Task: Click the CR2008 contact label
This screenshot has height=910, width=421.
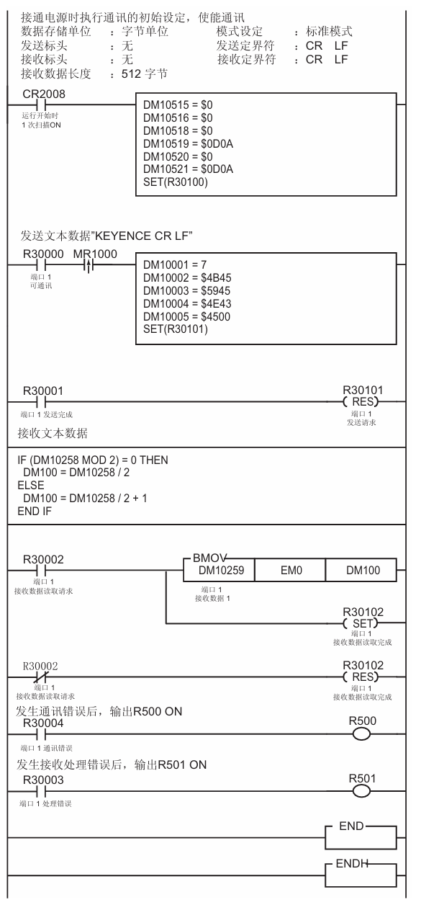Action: (x=44, y=94)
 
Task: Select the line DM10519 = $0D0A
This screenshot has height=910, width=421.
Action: (x=189, y=144)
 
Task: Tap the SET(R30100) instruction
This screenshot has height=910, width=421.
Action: (x=176, y=182)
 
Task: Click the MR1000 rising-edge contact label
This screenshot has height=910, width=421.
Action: (x=95, y=254)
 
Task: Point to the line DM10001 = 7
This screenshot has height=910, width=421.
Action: (x=175, y=265)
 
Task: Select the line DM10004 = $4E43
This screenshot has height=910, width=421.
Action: (x=187, y=303)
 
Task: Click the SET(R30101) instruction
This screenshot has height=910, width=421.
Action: (x=176, y=329)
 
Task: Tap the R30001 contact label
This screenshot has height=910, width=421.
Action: (x=43, y=391)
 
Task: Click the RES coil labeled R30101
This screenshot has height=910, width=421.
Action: (x=361, y=402)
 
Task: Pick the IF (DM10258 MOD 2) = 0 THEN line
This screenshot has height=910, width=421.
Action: (x=92, y=460)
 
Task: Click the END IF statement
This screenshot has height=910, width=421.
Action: (x=35, y=511)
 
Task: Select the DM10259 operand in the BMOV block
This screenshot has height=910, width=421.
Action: (x=221, y=571)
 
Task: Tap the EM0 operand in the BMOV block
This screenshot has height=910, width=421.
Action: (x=291, y=571)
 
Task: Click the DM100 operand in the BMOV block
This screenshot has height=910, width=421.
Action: (x=363, y=571)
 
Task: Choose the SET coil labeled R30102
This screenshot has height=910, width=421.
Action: (x=361, y=623)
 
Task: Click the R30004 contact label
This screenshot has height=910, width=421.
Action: (x=43, y=723)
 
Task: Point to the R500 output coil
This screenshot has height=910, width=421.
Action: (x=361, y=734)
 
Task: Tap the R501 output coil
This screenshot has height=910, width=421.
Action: (x=361, y=791)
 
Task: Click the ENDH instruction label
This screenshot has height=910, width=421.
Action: (x=352, y=863)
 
